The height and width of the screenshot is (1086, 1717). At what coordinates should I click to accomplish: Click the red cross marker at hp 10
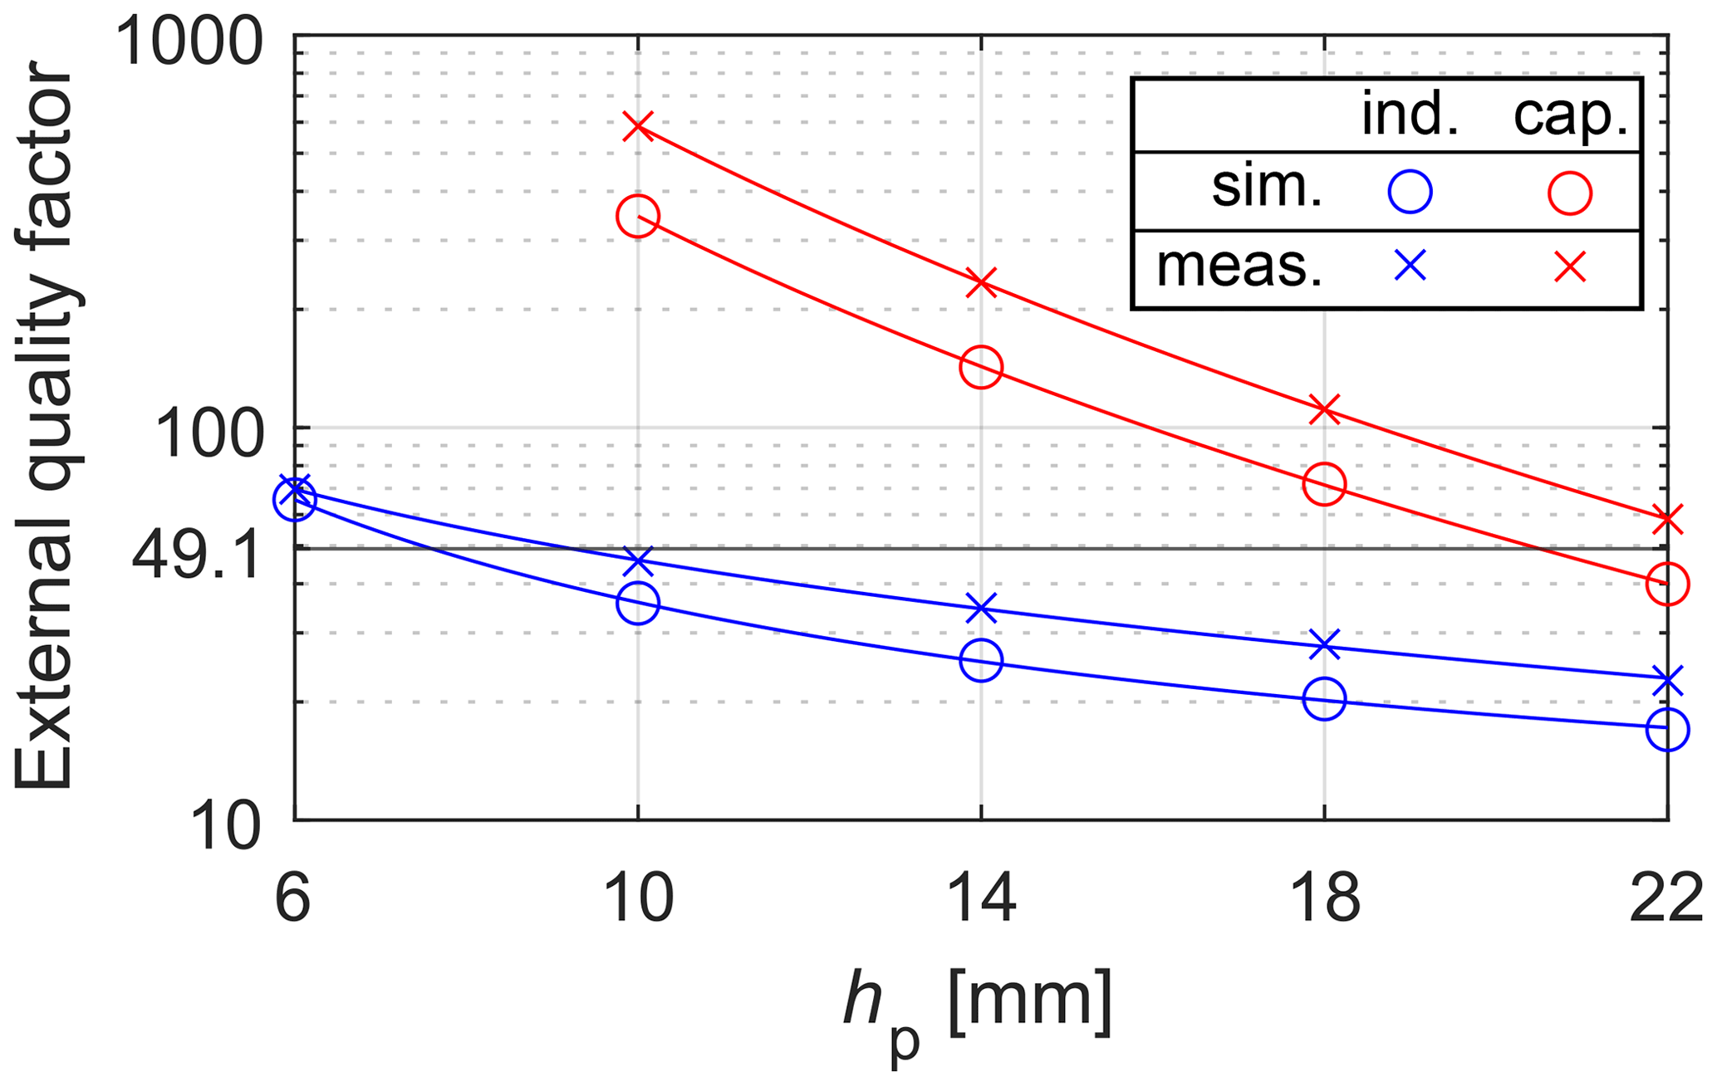(638, 126)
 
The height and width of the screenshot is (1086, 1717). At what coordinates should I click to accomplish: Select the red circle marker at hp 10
(638, 217)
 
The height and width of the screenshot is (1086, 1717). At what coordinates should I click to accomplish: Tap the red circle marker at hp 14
(981, 367)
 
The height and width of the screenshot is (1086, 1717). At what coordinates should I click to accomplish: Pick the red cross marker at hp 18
(1324, 409)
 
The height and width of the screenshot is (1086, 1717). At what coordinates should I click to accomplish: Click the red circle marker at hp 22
(1667, 584)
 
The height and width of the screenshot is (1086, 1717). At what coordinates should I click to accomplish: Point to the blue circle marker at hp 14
(981, 661)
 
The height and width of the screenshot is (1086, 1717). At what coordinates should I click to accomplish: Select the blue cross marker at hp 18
(1324, 645)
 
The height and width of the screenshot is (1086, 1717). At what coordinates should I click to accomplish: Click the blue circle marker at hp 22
(1667, 730)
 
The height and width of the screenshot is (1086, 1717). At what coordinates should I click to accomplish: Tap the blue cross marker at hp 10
(638, 560)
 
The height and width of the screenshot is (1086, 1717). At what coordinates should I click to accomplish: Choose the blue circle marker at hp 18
(1324, 699)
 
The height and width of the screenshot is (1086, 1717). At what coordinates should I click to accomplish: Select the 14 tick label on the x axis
(981, 899)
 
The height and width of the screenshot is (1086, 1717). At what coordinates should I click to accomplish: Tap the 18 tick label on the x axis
(1324, 899)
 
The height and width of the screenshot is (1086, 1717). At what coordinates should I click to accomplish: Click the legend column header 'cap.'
(1570, 116)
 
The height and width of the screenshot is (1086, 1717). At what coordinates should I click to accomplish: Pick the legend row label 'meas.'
(1239, 268)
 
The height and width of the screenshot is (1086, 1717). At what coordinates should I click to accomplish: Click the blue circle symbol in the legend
(1410, 193)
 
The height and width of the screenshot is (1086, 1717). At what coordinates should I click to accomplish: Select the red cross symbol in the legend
(1570, 267)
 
